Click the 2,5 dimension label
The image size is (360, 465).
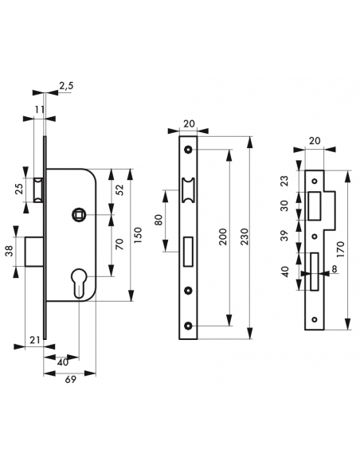click(x=66, y=86)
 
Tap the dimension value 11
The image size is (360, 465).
click(x=39, y=109)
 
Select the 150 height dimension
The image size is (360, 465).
click(x=139, y=235)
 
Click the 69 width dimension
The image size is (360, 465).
click(x=70, y=379)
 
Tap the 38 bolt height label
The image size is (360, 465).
click(x=10, y=252)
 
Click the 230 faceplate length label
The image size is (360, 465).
click(x=244, y=236)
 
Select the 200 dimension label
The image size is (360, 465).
click(x=223, y=236)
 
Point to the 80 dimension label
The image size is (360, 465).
click(x=159, y=220)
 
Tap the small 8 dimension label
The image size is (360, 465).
click(x=335, y=268)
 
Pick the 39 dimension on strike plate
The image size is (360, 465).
click(x=284, y=236)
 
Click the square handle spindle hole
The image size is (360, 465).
click(x=79, y=214)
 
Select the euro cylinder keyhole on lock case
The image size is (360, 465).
click(x=79, y=283)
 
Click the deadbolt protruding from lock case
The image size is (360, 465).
click(x=35, y=252)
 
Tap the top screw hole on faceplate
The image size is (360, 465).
click(x=188, y=149)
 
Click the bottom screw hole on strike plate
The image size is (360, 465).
click(x=315, y=319)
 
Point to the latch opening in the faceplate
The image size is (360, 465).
click(x=188, y=190)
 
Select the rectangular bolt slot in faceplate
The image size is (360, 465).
click(x=188, y=252)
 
